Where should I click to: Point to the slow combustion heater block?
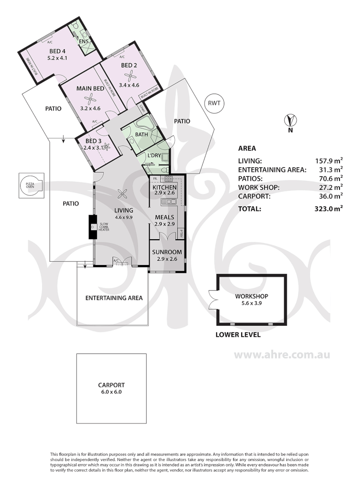[x=92, y=227]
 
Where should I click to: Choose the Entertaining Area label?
[x=114, y=298]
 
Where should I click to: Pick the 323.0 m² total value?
[x=329, y=208]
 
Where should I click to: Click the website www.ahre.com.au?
[x=282, y=356]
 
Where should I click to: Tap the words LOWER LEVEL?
[x=238, y=335]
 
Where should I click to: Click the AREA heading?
[x=247, y=149]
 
